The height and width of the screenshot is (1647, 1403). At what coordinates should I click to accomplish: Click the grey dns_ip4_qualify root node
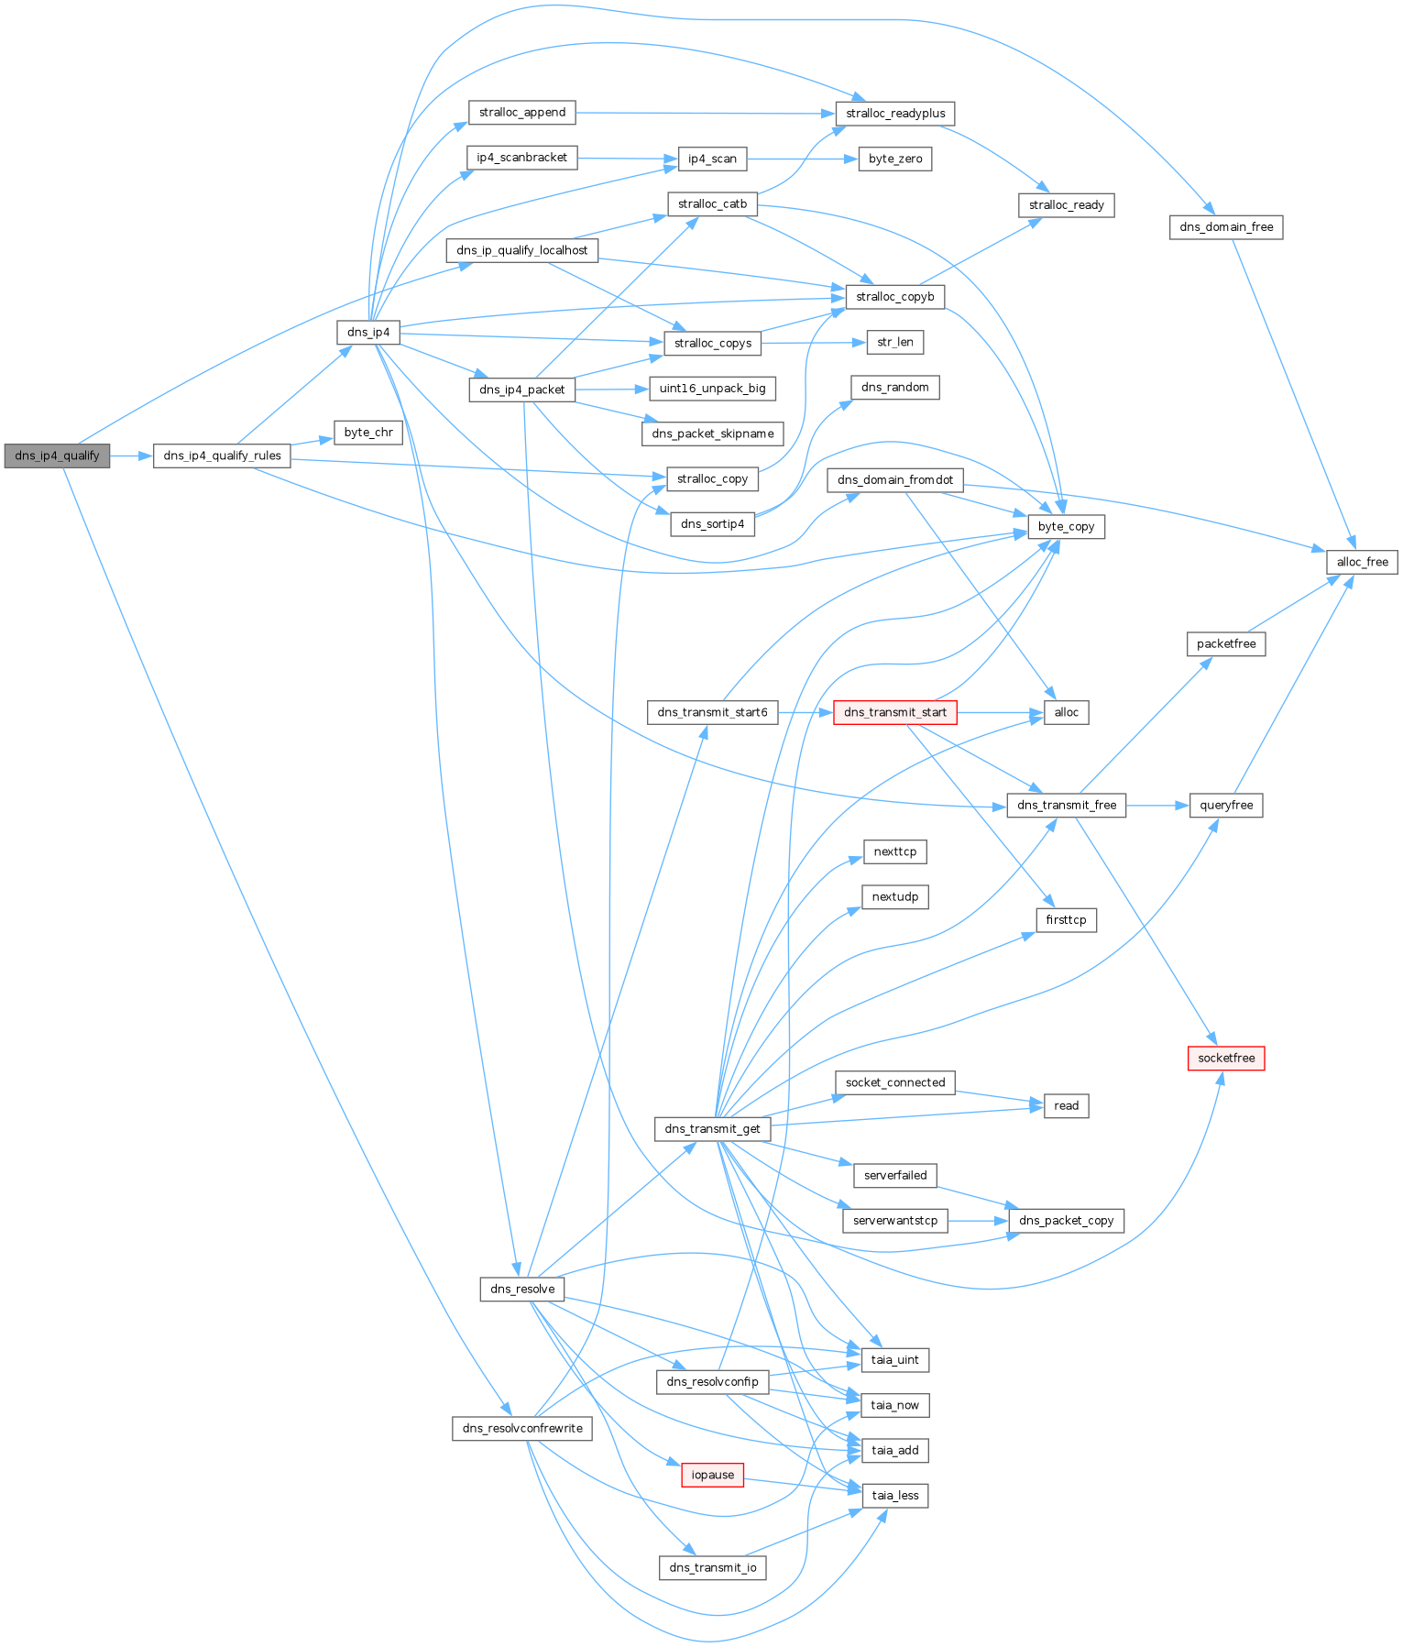(x=57, y=456)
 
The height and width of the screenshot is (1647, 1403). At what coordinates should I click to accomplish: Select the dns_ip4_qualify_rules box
(x=222, y=456)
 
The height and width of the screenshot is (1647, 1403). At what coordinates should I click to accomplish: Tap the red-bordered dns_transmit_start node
(x=894, y=712)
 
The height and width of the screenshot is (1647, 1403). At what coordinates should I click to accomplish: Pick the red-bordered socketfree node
(x=1225, y=1058)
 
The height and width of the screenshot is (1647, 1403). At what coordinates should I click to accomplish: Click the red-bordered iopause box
(x=712, y=1475)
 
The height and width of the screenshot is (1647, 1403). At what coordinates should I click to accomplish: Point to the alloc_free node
(x=1362, y=562)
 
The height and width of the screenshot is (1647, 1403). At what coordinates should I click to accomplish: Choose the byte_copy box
(x=1066, y=527)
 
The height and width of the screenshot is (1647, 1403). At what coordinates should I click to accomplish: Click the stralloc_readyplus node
(x=894, y=114)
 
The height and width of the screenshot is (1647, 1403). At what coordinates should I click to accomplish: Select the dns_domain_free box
(x=1225, y=227)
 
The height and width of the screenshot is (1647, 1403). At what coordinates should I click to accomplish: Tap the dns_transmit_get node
(x=712, y=1128)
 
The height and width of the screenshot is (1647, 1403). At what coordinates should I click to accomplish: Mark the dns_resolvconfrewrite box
(x=521, y=1428)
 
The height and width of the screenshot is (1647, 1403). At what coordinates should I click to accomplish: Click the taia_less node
(x=894, y=1495)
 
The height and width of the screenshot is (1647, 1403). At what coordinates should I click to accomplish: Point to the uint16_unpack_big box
(x=712, y=389)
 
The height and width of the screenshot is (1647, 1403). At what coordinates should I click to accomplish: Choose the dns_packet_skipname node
(x=712, y=434)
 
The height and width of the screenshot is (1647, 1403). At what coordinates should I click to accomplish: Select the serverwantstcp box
(x=894, y=1221)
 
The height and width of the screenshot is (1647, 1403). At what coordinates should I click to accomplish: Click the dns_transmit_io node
(x=712, y=1567)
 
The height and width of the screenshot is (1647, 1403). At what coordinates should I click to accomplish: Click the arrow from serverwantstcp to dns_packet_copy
(x=978, y=1221)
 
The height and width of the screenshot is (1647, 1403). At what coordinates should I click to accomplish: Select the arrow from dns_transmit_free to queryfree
(x=1157, y=806)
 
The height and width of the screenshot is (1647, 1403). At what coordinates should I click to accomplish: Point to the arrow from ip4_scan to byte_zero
(x=802, y=159)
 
